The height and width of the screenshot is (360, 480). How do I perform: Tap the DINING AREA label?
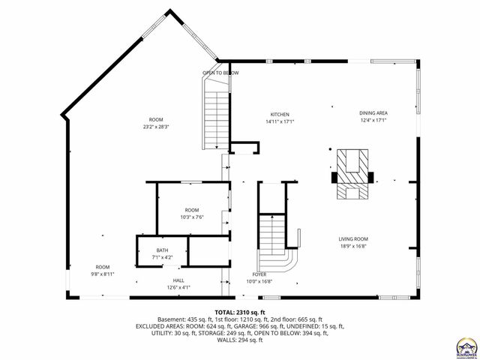[373, 113]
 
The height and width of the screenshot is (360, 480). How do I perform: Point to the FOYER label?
[259, 274]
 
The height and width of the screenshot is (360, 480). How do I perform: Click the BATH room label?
[162, 250]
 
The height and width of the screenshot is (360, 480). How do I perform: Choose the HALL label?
[178, 280]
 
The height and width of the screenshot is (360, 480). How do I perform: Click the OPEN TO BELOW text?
[220, 73]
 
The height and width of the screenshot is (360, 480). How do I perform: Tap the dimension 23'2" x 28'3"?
[156, 127]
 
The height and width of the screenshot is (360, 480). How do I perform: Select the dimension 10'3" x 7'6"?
[192, 217]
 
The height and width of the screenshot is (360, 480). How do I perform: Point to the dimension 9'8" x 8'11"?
[102, 274]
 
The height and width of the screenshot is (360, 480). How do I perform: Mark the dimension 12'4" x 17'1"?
[373, 120]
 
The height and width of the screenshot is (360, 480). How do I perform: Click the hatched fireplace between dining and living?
[352, 175]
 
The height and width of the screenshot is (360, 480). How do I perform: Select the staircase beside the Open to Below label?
[214, 112]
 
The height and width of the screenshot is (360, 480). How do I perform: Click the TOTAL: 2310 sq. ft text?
[240, 311]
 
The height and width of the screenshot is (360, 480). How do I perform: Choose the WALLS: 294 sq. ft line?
[240, 340]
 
